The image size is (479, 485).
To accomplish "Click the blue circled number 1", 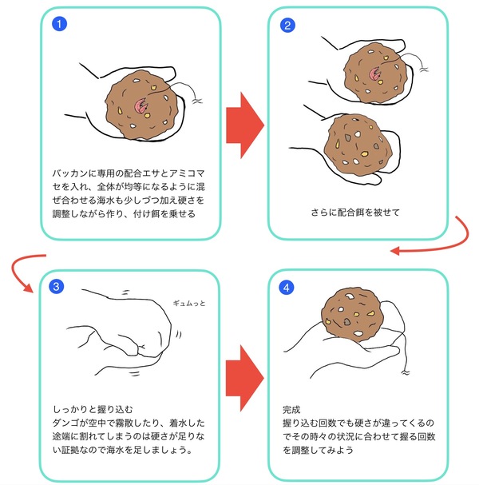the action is tap(59, 24).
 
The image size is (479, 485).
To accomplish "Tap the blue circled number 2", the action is tap(287, 25).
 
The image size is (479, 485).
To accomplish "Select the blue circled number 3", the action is tap(56, 286).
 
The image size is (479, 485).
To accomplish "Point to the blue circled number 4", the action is tap(286, 288).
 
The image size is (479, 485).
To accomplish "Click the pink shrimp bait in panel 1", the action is tap(141, 106).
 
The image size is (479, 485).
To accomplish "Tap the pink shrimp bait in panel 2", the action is tap(375, 74).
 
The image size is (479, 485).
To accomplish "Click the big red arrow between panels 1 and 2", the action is tap(245, 125).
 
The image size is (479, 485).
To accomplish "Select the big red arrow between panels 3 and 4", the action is tap(245, 378).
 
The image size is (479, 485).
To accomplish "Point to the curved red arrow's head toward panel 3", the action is tap(29, 288).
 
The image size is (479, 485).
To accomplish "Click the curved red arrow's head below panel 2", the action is tap(395, 251).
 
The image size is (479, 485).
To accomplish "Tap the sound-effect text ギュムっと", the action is tap(189, 303).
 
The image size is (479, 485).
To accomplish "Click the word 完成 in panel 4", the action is tap(291, 410).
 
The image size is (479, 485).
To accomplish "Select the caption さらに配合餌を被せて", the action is tap(355, 213).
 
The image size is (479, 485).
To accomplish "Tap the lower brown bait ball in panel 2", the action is tap(358, 145).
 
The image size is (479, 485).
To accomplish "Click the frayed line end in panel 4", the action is tap(405, 372).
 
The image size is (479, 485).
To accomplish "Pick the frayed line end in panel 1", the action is tap(197, 101).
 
